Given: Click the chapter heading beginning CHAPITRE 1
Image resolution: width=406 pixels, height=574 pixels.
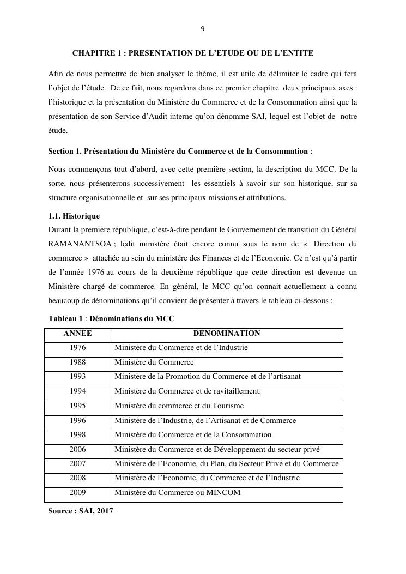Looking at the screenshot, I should [192, 53].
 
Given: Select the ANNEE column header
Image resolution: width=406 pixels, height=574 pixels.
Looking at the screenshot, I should [77, 334].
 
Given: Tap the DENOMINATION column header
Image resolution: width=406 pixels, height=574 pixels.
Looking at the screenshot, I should [227, 334].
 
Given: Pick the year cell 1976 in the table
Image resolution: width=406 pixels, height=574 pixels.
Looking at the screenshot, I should [77, 348].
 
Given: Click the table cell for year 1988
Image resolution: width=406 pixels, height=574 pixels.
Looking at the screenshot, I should [77, 362].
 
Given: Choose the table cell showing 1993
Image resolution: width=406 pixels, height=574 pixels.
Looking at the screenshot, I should [77, 377].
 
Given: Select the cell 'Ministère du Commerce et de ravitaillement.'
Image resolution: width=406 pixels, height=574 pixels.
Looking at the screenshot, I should [187, 391].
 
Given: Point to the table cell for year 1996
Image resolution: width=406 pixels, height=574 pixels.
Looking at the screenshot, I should [77, 421].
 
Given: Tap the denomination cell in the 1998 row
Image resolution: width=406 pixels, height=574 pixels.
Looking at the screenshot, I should [192, 435].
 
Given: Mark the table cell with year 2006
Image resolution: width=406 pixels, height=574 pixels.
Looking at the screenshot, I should [77, 450].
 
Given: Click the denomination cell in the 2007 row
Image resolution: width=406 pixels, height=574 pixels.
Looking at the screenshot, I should [226, 464].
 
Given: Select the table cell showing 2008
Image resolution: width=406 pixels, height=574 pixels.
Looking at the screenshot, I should [77, 478].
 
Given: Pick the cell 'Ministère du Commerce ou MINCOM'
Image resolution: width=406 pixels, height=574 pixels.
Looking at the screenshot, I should [177, 493].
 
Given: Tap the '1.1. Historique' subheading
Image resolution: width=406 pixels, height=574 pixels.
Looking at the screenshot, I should [74, 216].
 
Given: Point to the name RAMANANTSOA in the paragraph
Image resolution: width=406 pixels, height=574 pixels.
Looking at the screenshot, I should [80, 243].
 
